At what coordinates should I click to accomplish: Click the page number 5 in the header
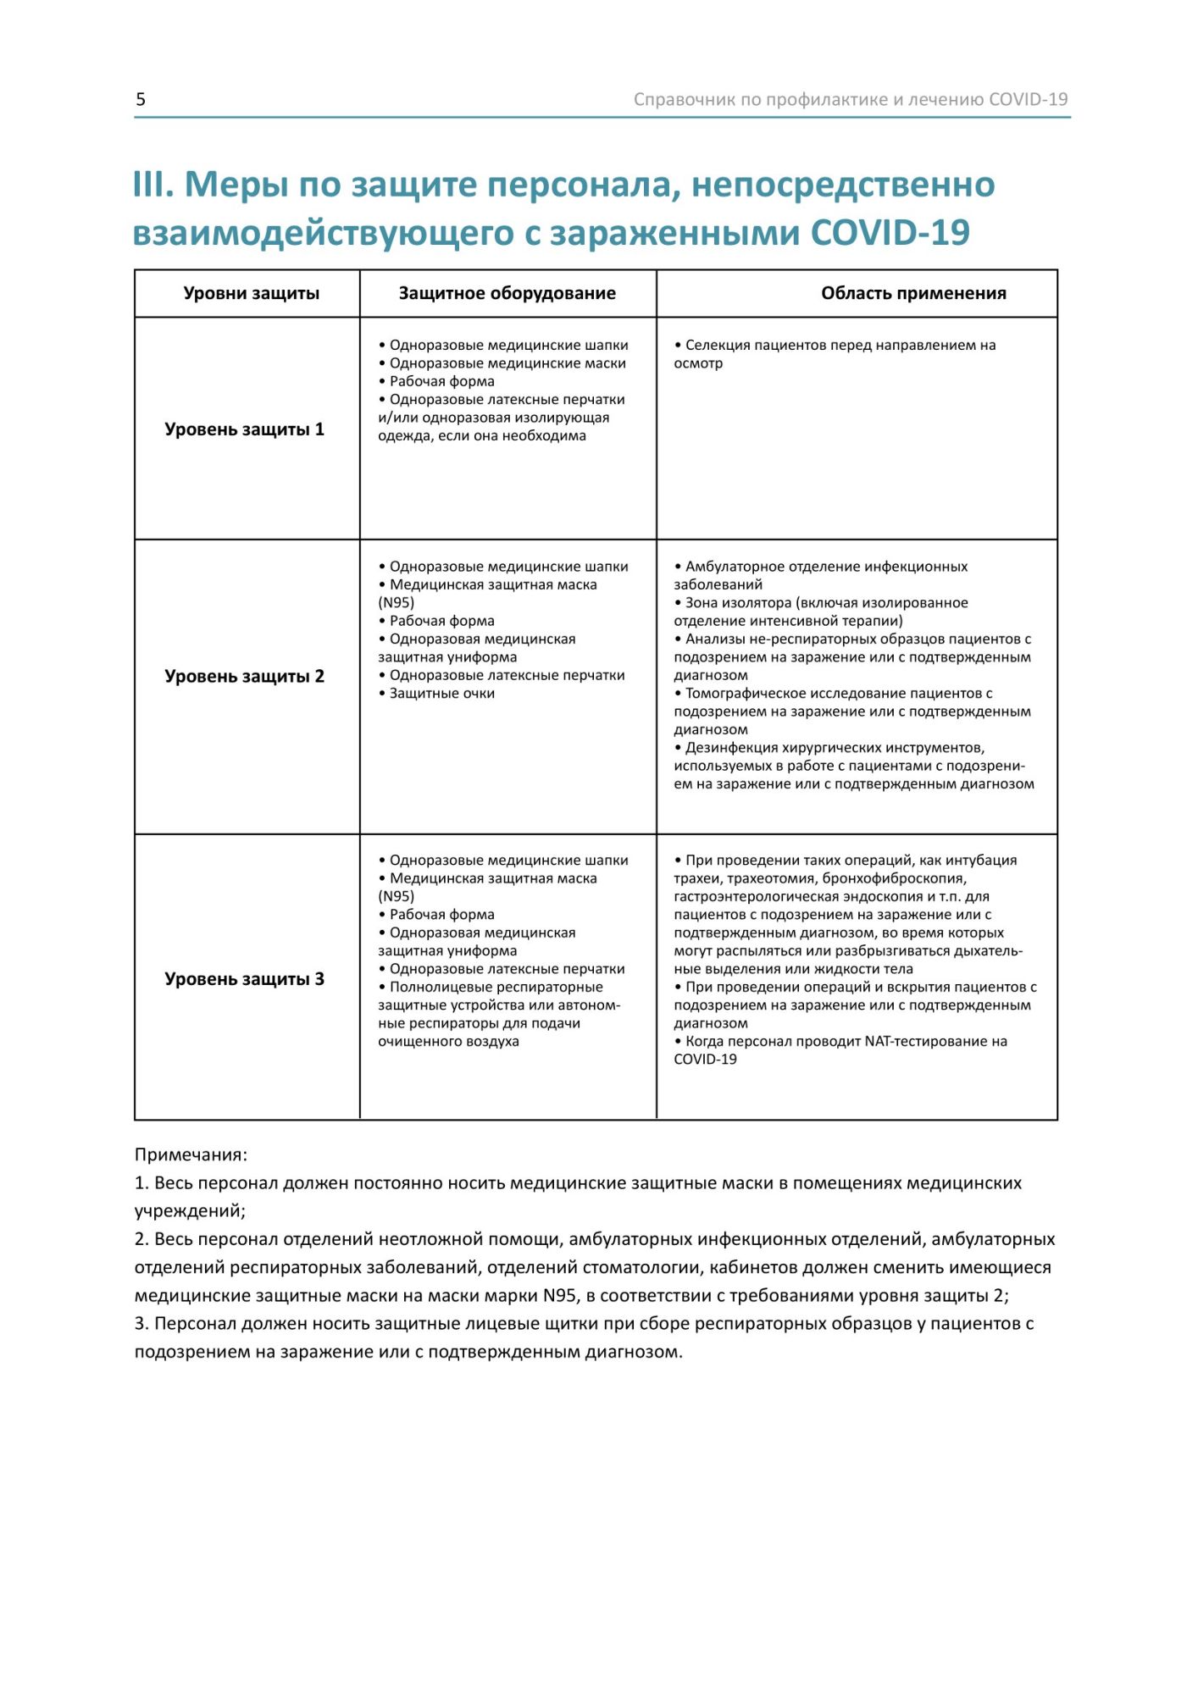pyautogui.click(x=141, y=99)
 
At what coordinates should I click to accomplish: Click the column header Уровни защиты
pyautogui.click(x=252, y=293)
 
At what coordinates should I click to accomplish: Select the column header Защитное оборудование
pyautogui.click(x=507, y=293)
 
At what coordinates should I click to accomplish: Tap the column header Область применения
pyautogui.click(x=913, y=293)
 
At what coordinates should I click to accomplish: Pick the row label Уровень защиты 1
pyautogui.click(x=244, y=429)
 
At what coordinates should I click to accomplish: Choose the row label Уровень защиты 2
pyautogui.click(x=244, y=676)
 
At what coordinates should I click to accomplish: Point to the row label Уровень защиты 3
pyautogui.click(x=244, y=979)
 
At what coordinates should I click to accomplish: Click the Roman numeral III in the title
pyautogui.click(x=153, y=185)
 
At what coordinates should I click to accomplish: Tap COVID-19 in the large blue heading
pyautogui.click(x=890, y=232)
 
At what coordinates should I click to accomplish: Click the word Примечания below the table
pyautogui.click(x=190, y=1154)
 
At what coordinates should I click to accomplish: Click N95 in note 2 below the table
pyautogui.click(x=560, y=1296)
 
